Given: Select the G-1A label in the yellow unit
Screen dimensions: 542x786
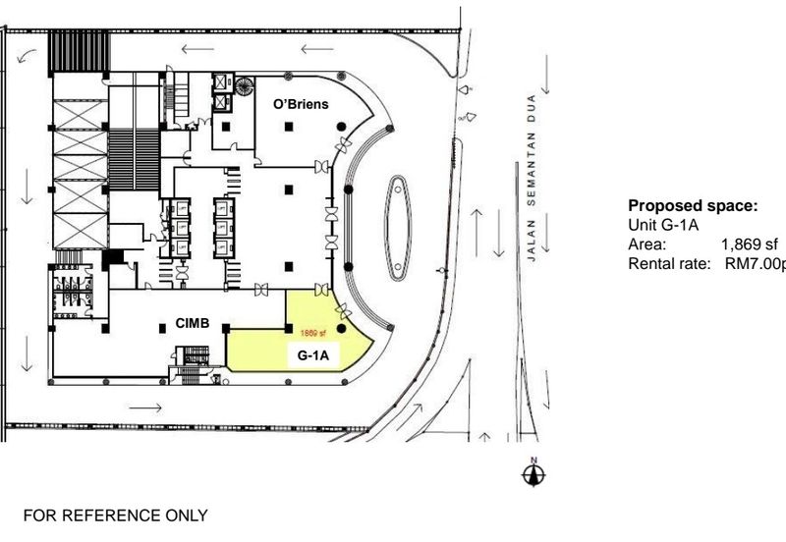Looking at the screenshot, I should [x=312, y=358].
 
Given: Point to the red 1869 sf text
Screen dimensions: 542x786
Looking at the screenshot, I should [x=312, y=334].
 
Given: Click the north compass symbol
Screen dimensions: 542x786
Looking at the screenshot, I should [x=533, y=472].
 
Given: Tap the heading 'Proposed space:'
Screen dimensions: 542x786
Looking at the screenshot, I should [x=693, y=206].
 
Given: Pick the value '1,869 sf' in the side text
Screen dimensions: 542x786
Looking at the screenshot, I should [x=750, y=244].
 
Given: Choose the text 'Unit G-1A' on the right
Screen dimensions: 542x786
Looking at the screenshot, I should [x=663, y=226].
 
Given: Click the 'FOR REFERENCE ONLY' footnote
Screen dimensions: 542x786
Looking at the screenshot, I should [x=116, y=515].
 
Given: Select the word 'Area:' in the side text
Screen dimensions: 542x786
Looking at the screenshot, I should [x=647, y=244].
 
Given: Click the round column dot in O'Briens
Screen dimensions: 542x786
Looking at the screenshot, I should [x=340, y=127].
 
